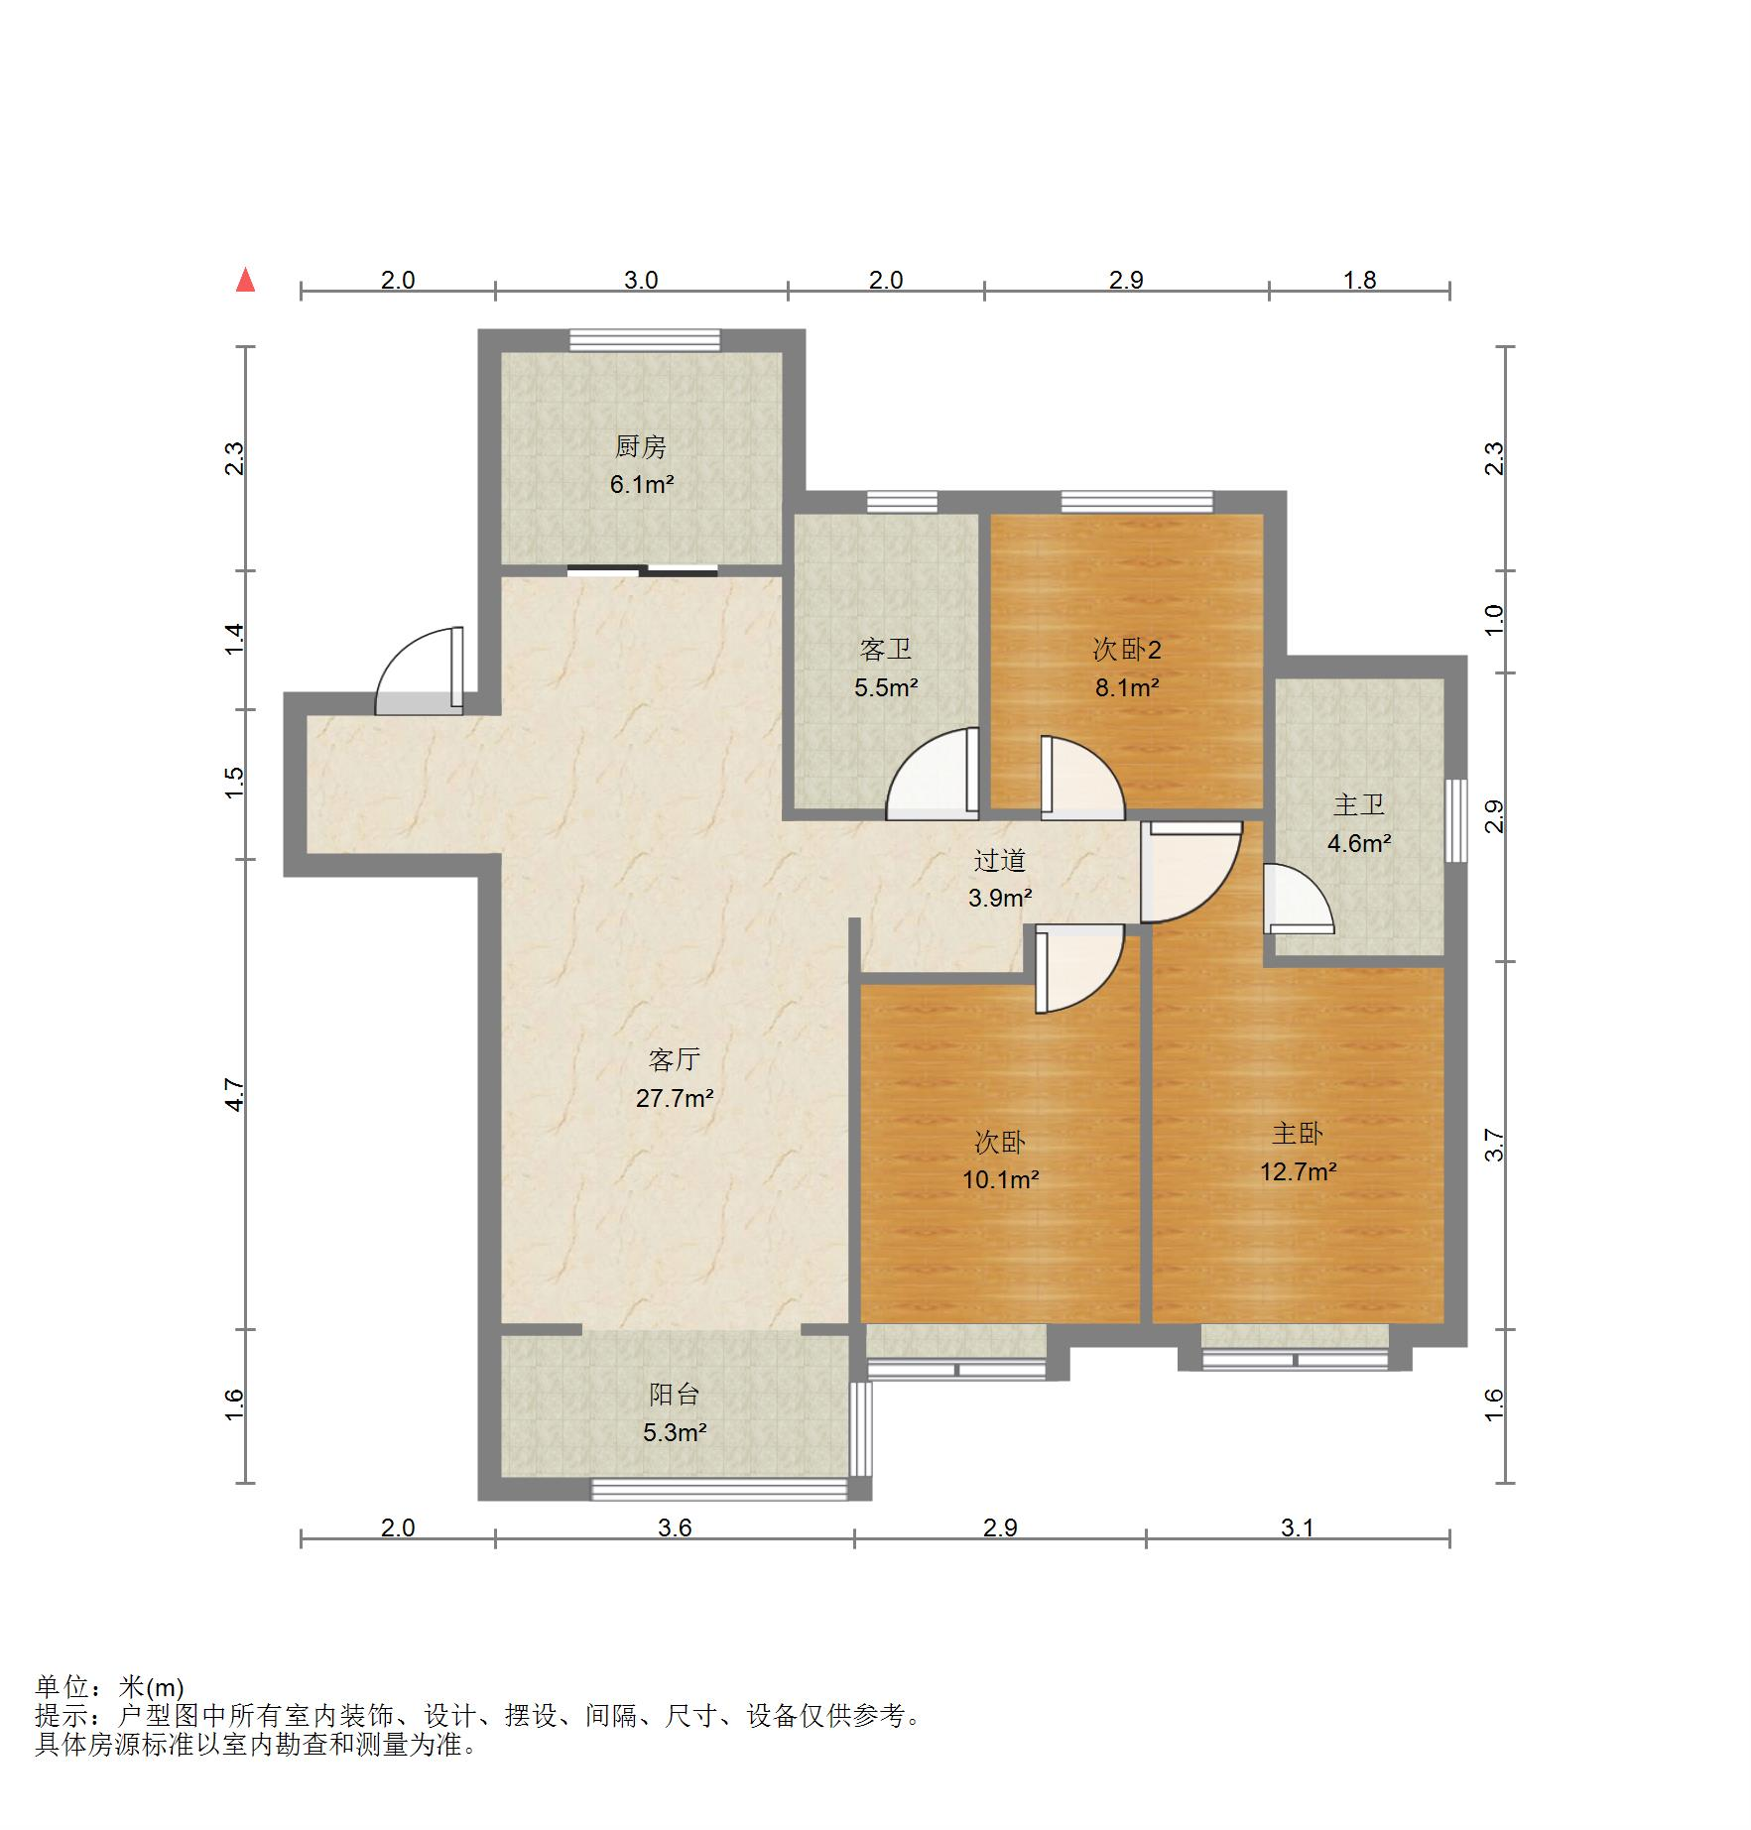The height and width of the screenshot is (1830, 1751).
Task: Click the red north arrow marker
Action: [x=245, y=281]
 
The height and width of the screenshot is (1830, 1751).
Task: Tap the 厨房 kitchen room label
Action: [x=641, y=447]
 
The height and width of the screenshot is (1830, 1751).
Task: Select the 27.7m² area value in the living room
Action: [x=675, y=1098]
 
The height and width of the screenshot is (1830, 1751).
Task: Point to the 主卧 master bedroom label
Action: [x=1298, y=1134]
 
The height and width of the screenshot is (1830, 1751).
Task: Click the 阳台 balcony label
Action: [x=675, y=1395]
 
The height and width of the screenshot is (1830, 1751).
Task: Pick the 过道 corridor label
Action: [x=999, y=860]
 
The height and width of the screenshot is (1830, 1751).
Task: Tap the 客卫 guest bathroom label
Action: [x=886, y=650]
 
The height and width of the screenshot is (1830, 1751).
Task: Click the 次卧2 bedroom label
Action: [x=1127, y=650]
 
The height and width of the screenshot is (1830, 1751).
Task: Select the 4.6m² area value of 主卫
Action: [x=1359, y=843]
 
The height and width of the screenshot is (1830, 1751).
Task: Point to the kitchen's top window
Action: [x=645, y=340]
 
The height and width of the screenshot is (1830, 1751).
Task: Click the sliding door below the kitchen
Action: [x=643, y=570]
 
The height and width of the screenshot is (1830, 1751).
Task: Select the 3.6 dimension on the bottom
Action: [x=675, y=1528]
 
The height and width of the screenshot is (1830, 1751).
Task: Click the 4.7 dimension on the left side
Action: [x=235, y=1094]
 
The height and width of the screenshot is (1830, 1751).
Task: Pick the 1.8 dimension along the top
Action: [x=1359, y=281]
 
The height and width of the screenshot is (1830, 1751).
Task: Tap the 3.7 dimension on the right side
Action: [x=1494, y=1146]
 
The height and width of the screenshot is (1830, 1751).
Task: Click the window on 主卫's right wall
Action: [x=1455, y=820]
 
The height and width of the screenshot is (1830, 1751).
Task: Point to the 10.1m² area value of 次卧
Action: [x=1000, y=1179]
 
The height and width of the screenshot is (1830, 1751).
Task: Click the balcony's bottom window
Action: [x=720, y=1489]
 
